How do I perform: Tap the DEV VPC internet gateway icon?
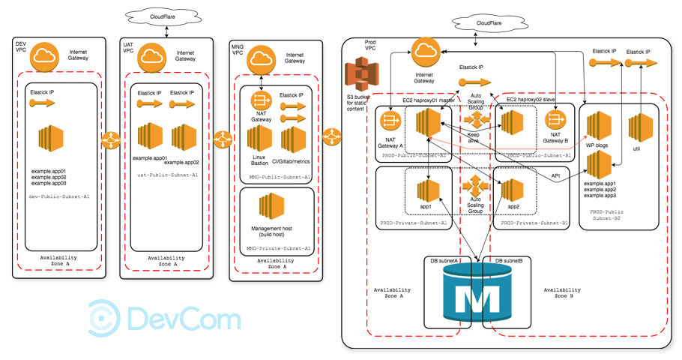pos(46,56)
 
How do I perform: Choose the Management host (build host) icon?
pos(271,206)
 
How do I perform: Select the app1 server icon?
pos(428,188)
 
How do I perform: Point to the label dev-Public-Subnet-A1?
pos(61,196)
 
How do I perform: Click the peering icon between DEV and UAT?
pos(111,139)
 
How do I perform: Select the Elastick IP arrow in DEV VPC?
pos(43,104)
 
